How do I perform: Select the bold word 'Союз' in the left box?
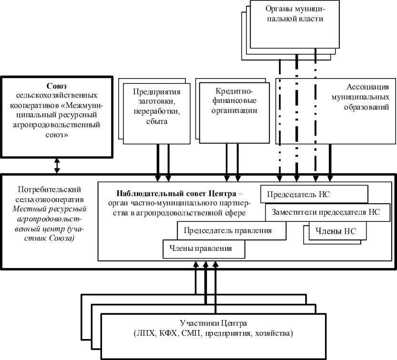[x=56, y=86]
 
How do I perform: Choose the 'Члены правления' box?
[x=204, y=248]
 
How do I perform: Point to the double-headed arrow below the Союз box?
[x=57, y=165]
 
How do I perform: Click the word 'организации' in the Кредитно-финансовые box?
[x=231, y=111]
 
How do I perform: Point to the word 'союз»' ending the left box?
[x=56, y=135]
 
